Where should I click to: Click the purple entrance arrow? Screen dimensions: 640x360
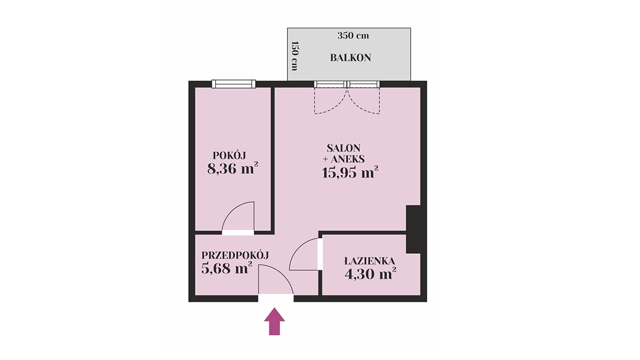(274, 321)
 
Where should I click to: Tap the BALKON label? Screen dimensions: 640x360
(350, 58)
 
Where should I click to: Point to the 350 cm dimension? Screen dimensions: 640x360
(353, 36)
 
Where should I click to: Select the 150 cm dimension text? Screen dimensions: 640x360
(294, 56)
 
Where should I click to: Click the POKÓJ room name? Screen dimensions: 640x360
(229, 155)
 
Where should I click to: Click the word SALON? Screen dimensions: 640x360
(343, 148)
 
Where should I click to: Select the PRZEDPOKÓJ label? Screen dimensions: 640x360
(235, 255)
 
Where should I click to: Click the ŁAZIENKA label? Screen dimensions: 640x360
(370, 261)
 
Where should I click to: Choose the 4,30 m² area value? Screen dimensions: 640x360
(370, 274)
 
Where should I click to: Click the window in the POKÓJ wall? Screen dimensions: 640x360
(234, 84)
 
